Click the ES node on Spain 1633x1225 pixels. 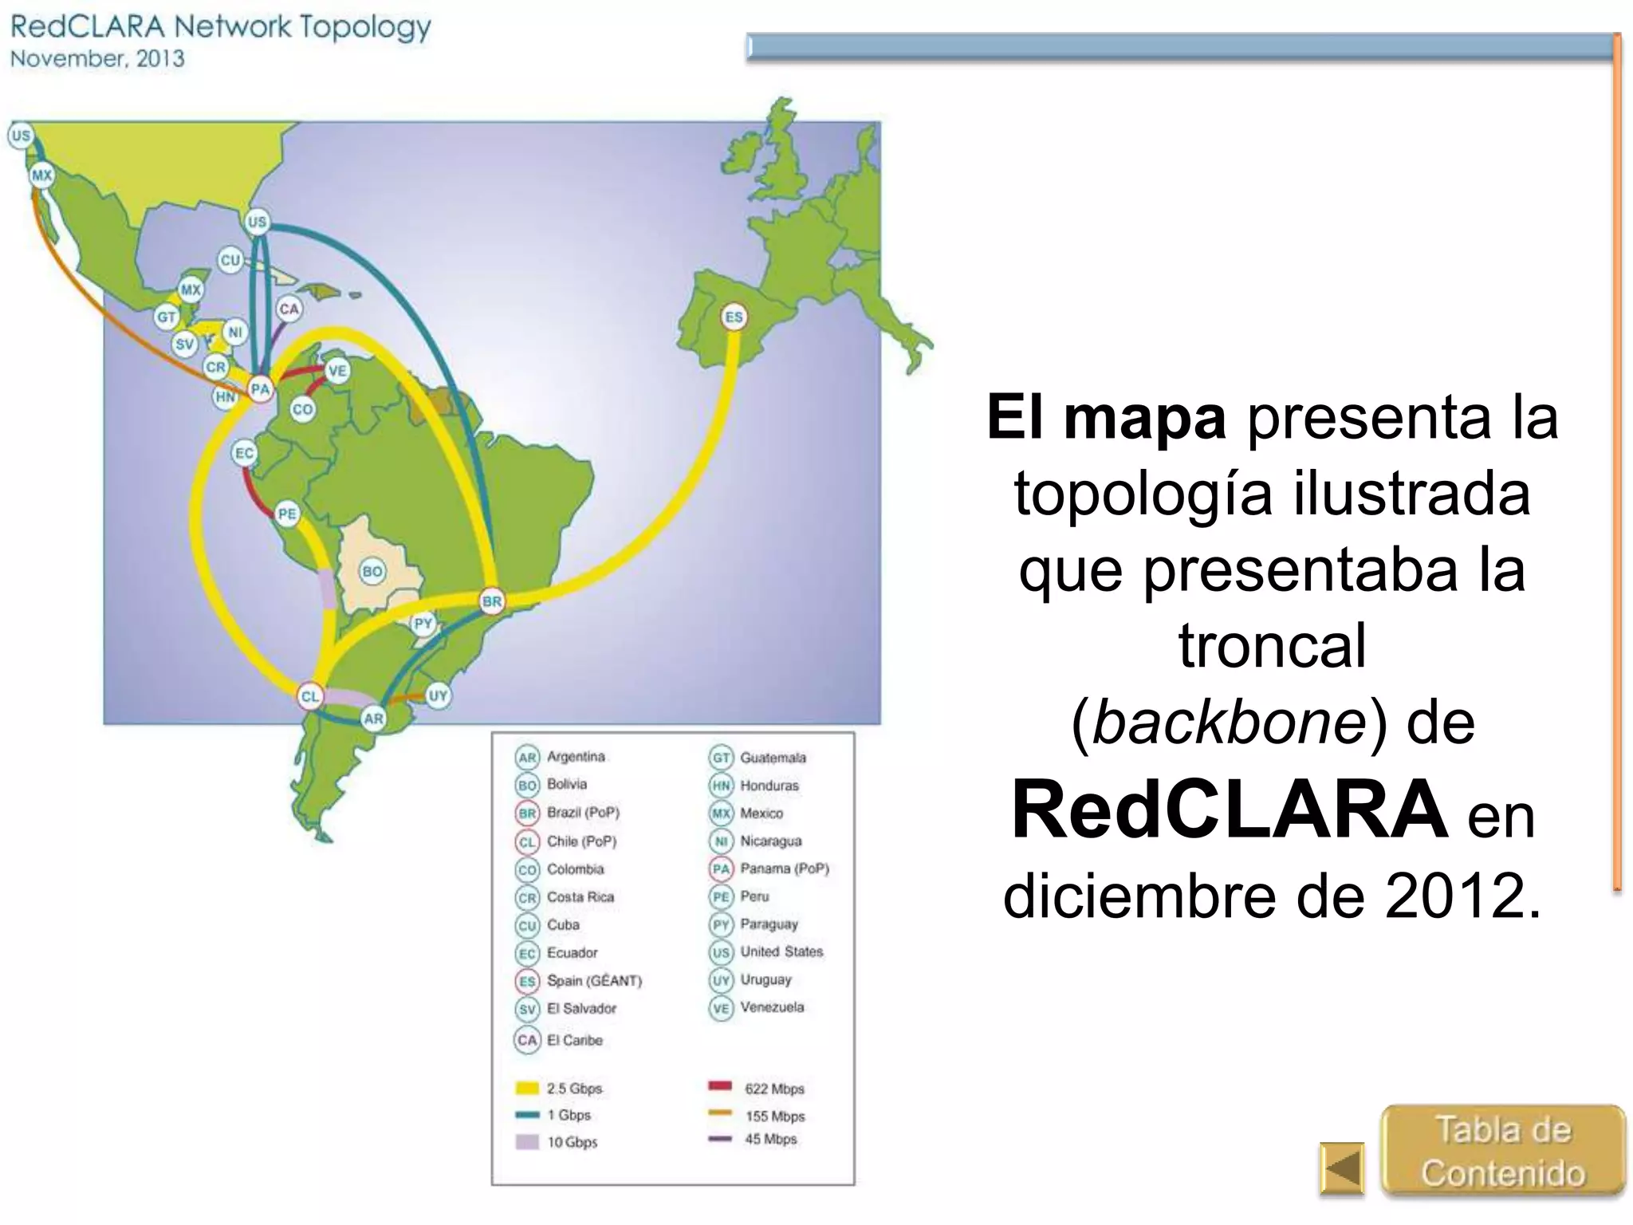coord(733,317)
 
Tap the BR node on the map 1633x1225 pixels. coord(492,601)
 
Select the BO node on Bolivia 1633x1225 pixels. coord(372,571)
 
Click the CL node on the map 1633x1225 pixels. coord(309,696)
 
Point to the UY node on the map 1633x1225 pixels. coord(438,695)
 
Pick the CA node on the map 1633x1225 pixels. coord(289,309)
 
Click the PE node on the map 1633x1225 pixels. coord(286,514)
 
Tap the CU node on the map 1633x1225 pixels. coord(230,260)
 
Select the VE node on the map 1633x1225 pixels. coord(337,371)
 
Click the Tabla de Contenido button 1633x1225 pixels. coord(1502,1151)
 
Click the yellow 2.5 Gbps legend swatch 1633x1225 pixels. coord(527,1088)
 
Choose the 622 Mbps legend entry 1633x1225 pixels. coord(773,1089)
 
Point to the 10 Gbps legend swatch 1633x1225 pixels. coord(527,1142)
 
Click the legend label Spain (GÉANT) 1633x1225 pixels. coord(594,980)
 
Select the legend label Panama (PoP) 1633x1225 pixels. coord(784,869)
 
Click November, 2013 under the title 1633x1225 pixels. coord(97,59)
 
